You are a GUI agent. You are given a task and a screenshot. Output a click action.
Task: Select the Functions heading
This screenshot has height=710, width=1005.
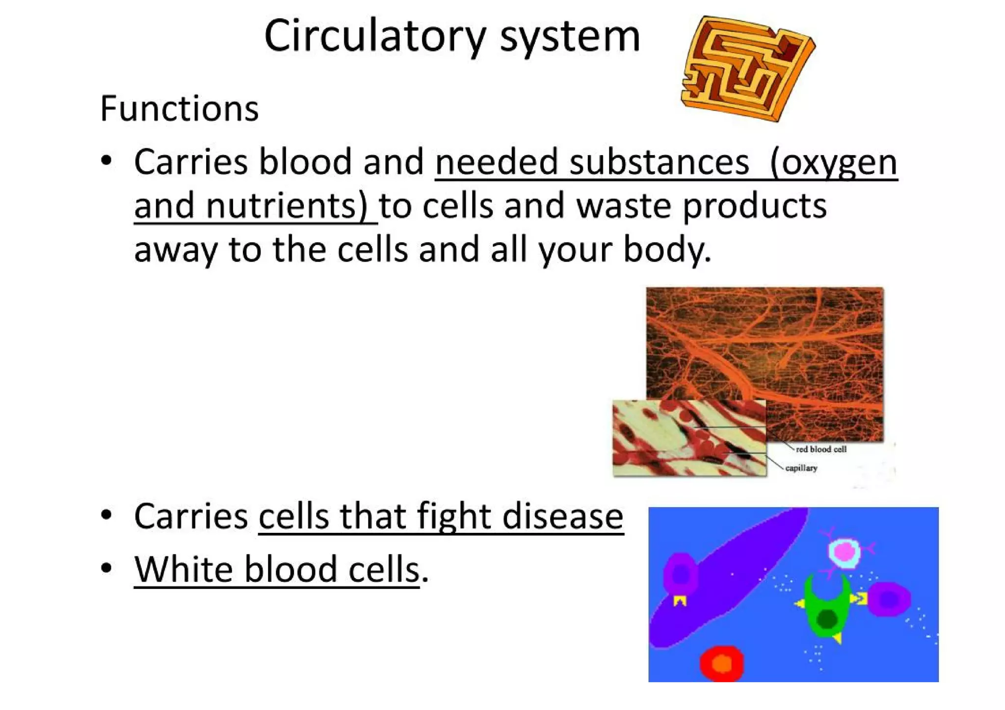pyautogui.click(x=179, y=108)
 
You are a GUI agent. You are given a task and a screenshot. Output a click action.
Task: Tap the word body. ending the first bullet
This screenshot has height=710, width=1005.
pyautogui.click(x=667, y=249)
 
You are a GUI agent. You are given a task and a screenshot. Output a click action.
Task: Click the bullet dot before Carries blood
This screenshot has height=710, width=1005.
pyautogui.click(x=106, y=161)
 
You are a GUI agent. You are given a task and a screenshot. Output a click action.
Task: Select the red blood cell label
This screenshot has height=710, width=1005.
pyautogui.click(x=821, y=449)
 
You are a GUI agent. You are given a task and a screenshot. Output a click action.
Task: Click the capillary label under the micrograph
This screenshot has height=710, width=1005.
pyautogui.click(x=801, y=468)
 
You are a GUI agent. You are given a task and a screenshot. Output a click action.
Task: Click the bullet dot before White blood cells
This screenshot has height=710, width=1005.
pyautogui.click(x=106, y=568)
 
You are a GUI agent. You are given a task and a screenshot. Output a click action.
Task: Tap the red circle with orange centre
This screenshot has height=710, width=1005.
pyautogui.click(x=721, y=663)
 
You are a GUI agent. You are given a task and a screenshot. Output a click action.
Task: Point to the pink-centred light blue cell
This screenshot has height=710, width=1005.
pyautogui.click(x=845, y=552)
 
